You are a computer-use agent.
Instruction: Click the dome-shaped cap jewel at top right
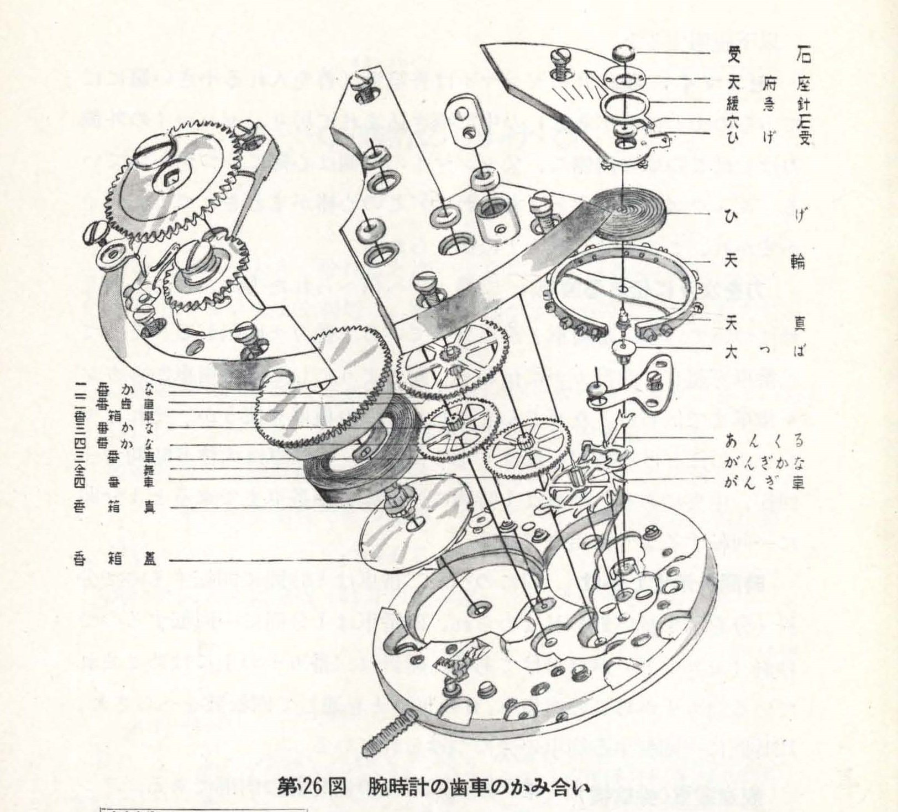click(x=624, y=54)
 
